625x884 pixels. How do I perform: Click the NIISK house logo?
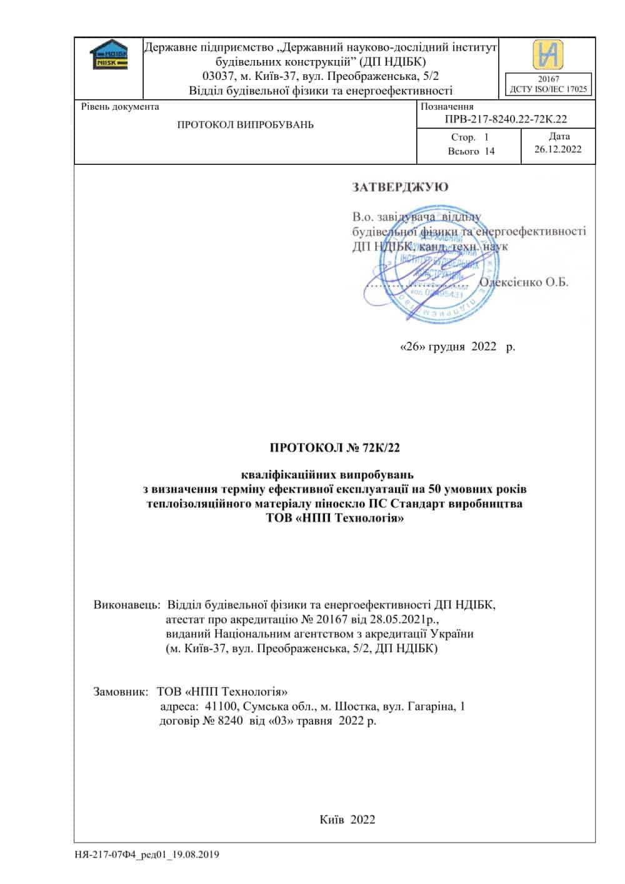[108, 55]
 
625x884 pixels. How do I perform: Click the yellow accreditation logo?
[547, 54]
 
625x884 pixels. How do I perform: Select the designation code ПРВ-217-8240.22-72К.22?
[506, 119]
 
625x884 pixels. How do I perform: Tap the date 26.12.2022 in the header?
[558, 149]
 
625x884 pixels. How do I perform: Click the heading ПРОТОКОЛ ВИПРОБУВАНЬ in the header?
[246, 125]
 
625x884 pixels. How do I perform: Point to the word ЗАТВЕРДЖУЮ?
[401, 187]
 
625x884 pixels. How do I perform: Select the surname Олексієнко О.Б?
[524, 282]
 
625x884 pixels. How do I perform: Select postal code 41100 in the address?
[216, 707]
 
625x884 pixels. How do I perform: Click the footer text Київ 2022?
[347, 819]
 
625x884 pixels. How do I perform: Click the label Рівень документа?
[120, 107]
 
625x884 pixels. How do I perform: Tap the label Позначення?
[447, 107]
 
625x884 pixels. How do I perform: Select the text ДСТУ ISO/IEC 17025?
[548, 89]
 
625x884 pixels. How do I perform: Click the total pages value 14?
[489, 151]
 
